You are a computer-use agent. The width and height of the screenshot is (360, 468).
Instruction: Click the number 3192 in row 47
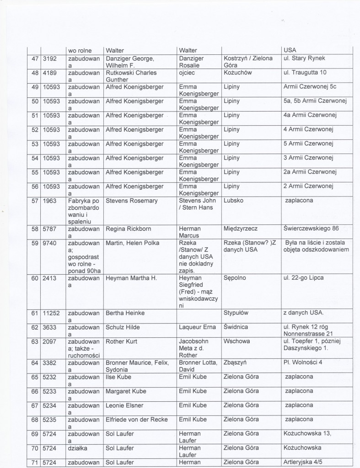pyautogui.click(x=50, y=58)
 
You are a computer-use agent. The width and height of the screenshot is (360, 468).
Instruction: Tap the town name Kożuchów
pyautogui.click(x=238, y=73)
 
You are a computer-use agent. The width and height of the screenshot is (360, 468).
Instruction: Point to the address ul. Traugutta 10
pyautogui.click(x=310, y=73)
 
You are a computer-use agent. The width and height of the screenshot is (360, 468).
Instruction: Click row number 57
pyautogui.click(x=33, y=201)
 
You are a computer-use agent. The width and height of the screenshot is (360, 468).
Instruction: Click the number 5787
pyautogui.click(x=50, y=229)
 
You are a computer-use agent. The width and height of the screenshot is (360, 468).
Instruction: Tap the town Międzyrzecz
pyautogui.click(x=242, y=229)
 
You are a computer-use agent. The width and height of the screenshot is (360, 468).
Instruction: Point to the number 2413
pyautogui.click(x=50, y=278)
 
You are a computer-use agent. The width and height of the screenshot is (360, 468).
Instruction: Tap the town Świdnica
pyautogui.click(x=238, y=327)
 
